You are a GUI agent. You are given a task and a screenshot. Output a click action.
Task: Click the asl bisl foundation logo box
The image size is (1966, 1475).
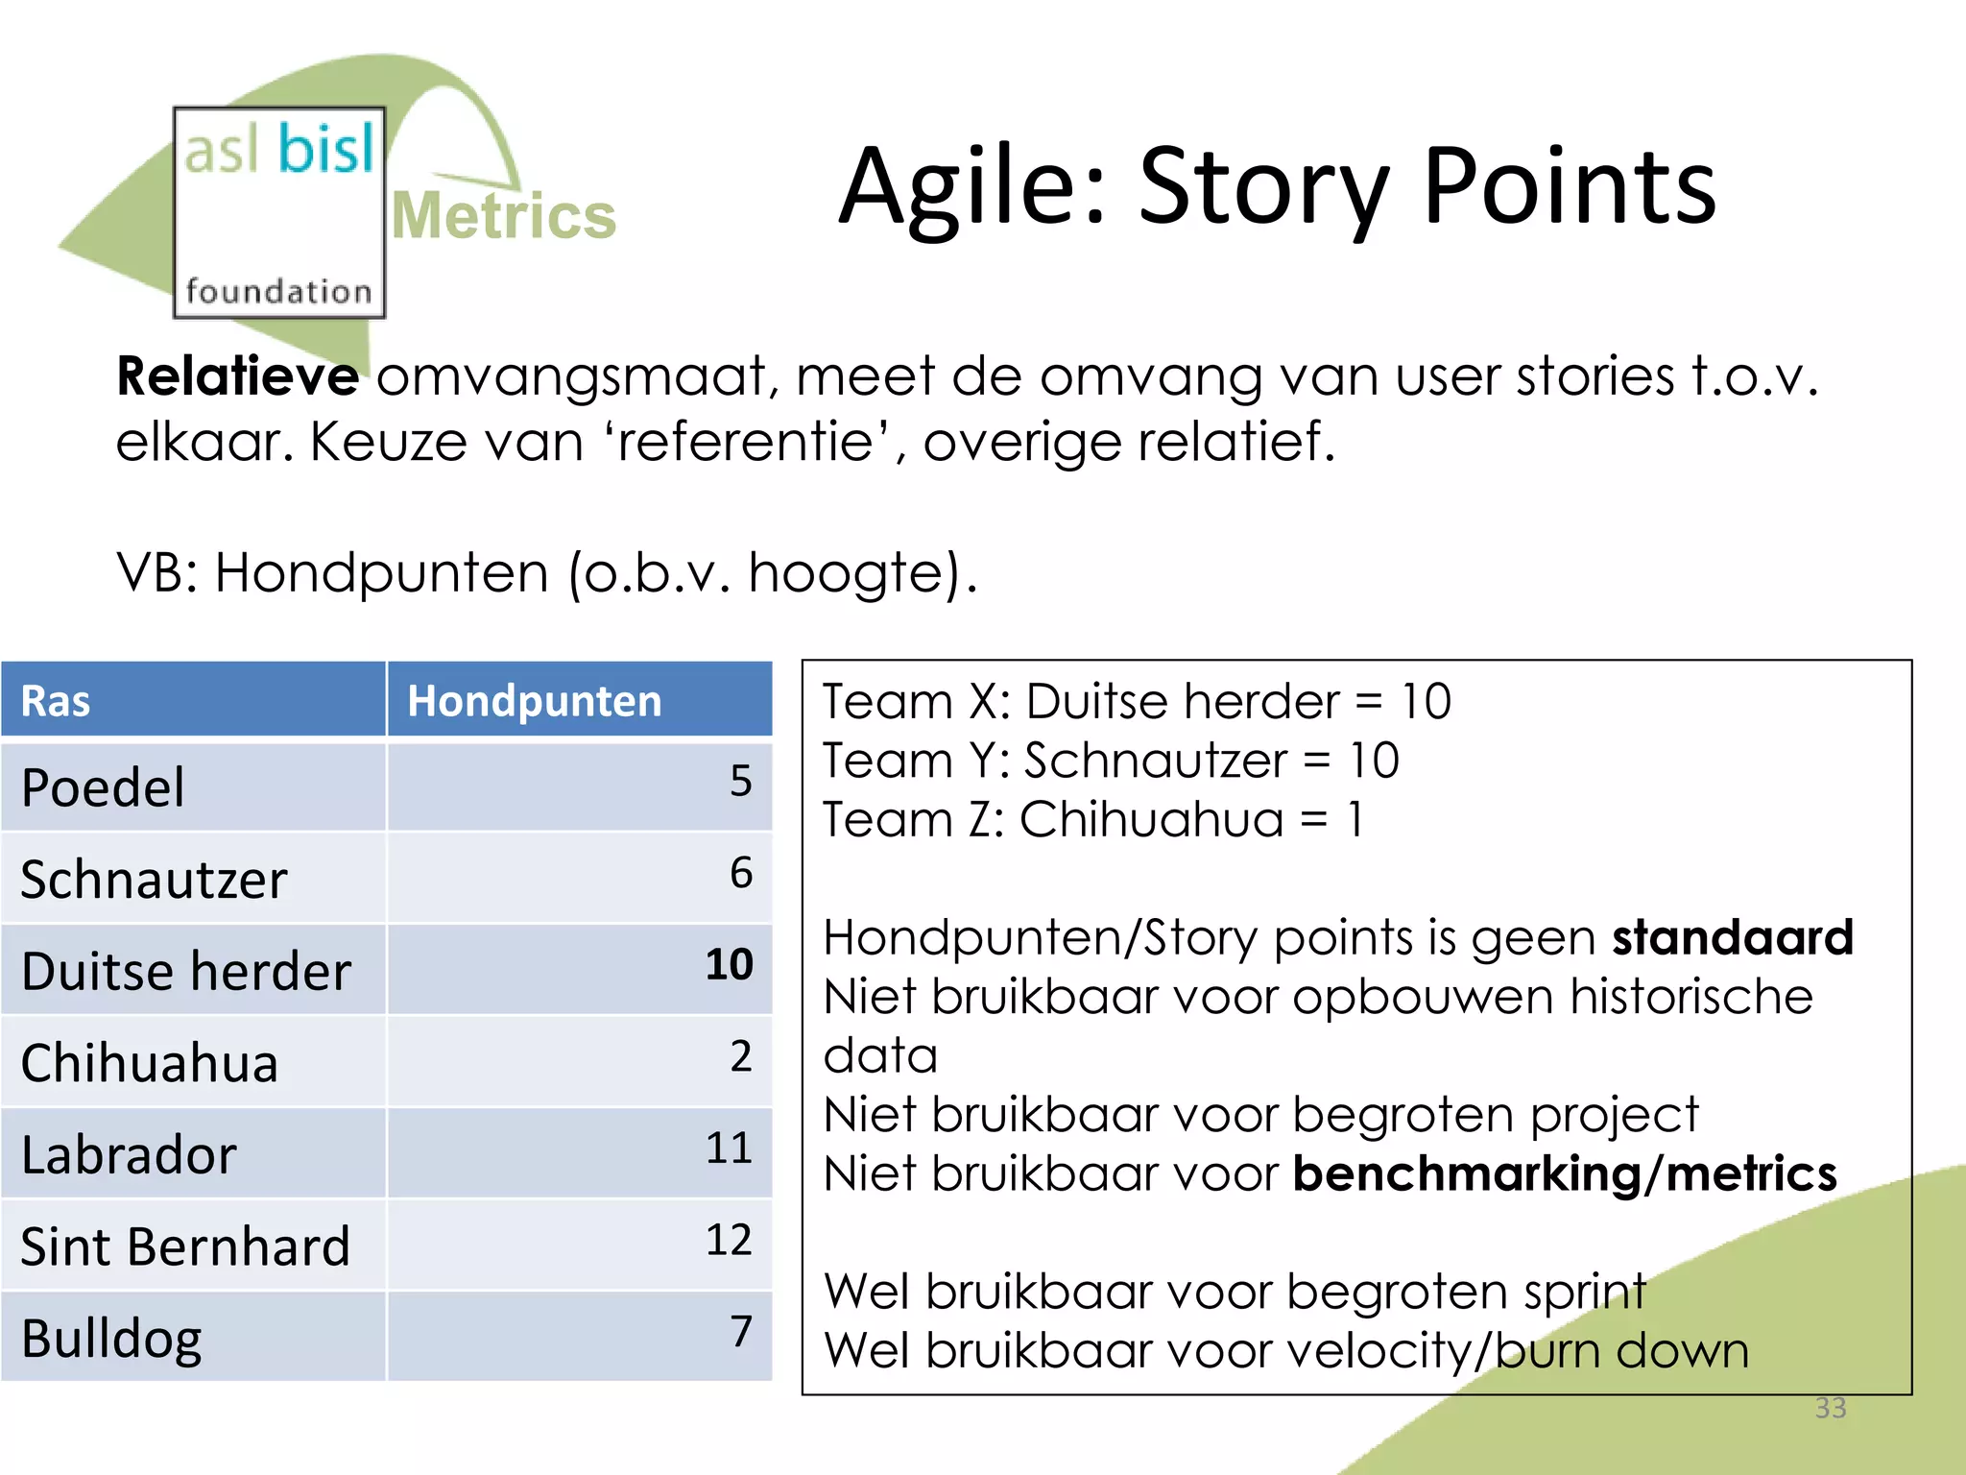(x=278, y=213)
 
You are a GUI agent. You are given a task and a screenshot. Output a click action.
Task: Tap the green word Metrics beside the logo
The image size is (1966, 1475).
(x=504, y=216)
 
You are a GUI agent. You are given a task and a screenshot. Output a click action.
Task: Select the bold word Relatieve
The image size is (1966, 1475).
(x=237, y=375)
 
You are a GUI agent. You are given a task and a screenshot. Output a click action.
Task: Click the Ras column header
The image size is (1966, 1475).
(x=56, y=701)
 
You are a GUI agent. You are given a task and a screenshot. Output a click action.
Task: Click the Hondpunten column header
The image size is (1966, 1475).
(x=534, y=701)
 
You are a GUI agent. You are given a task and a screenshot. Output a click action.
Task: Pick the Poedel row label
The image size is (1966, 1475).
(x=103, y=788)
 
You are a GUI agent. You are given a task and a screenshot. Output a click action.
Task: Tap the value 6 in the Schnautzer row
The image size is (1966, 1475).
(x=740, y=873)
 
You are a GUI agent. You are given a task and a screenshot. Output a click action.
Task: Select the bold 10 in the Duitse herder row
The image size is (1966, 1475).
(x=729, y=964)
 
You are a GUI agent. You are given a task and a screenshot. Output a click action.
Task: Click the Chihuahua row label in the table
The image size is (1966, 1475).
(x=149, y=1064)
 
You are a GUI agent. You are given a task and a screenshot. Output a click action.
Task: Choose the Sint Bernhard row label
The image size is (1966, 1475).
(x=185, y=1247)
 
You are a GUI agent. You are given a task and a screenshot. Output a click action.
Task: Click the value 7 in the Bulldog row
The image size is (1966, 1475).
(x=740, y=1332)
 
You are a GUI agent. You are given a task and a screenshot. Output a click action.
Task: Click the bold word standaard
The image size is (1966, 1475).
(x=1732, y=938)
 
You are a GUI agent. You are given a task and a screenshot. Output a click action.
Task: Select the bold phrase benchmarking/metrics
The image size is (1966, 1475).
(x=1564, y=1174)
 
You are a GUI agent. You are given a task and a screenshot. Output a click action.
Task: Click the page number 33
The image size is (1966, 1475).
(x=1830, y=1408)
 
